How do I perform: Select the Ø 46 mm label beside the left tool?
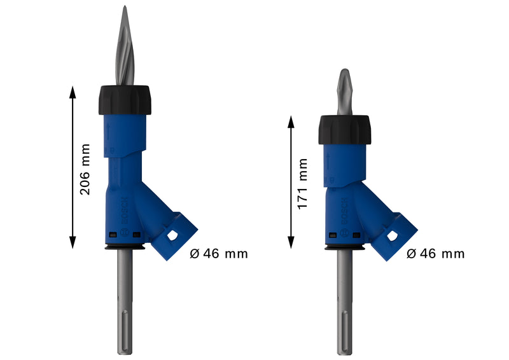pyautogui.click(x=219, y=254)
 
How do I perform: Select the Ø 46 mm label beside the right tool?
pyautogui.click(x=435, y=254)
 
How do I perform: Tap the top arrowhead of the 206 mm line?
pyautogui.click(x=73, y=90)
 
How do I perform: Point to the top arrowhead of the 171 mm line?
pyautogui.click(x=291, y=120)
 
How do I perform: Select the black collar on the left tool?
pyautogui.click(x=124, y=99)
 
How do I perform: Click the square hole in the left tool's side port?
pyautogui.click(x=174, y=236)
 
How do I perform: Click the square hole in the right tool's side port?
pyautogui.click(x=393, y=237)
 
